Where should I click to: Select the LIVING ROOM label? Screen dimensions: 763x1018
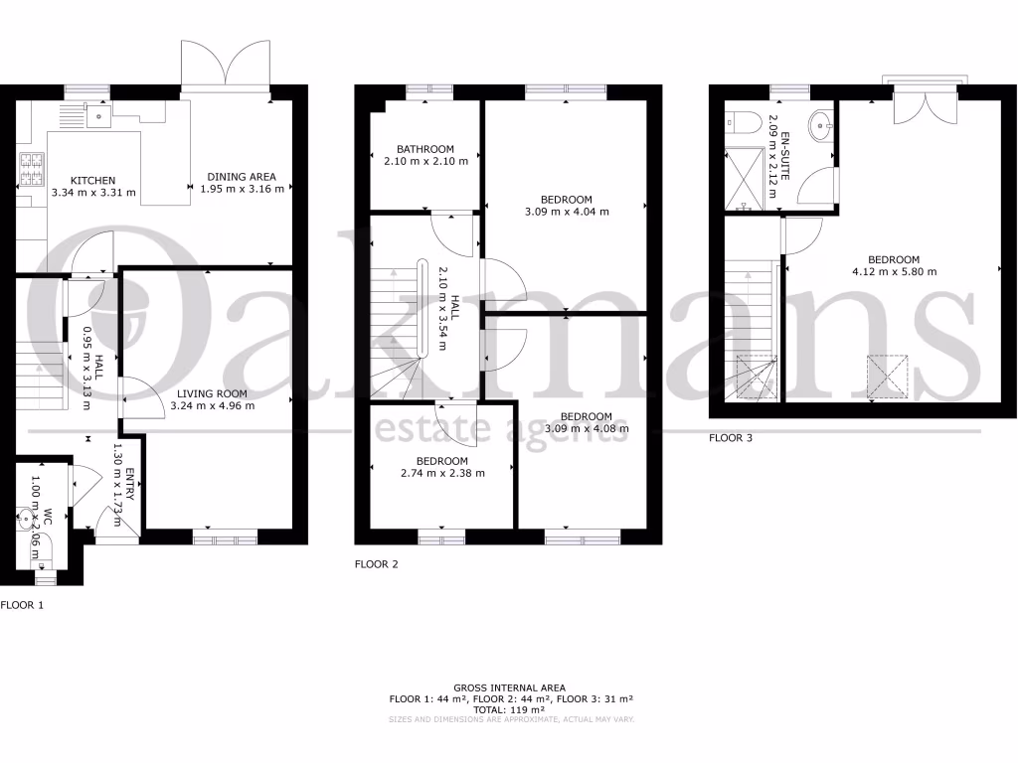209,393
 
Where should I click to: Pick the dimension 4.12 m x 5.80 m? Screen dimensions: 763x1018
894,271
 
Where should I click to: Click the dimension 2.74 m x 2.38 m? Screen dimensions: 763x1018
441,473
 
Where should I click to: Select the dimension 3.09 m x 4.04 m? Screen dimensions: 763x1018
567,211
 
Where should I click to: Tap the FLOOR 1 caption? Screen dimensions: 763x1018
22,604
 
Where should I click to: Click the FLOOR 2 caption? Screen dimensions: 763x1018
377,564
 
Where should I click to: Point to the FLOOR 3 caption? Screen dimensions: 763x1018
731,437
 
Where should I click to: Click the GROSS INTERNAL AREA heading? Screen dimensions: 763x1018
509,687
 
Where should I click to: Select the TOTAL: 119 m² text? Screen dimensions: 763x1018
509,709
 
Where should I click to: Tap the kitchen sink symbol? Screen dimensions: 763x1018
97,116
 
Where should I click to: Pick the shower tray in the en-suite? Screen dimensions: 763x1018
749,176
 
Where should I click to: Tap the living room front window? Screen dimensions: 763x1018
225,537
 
